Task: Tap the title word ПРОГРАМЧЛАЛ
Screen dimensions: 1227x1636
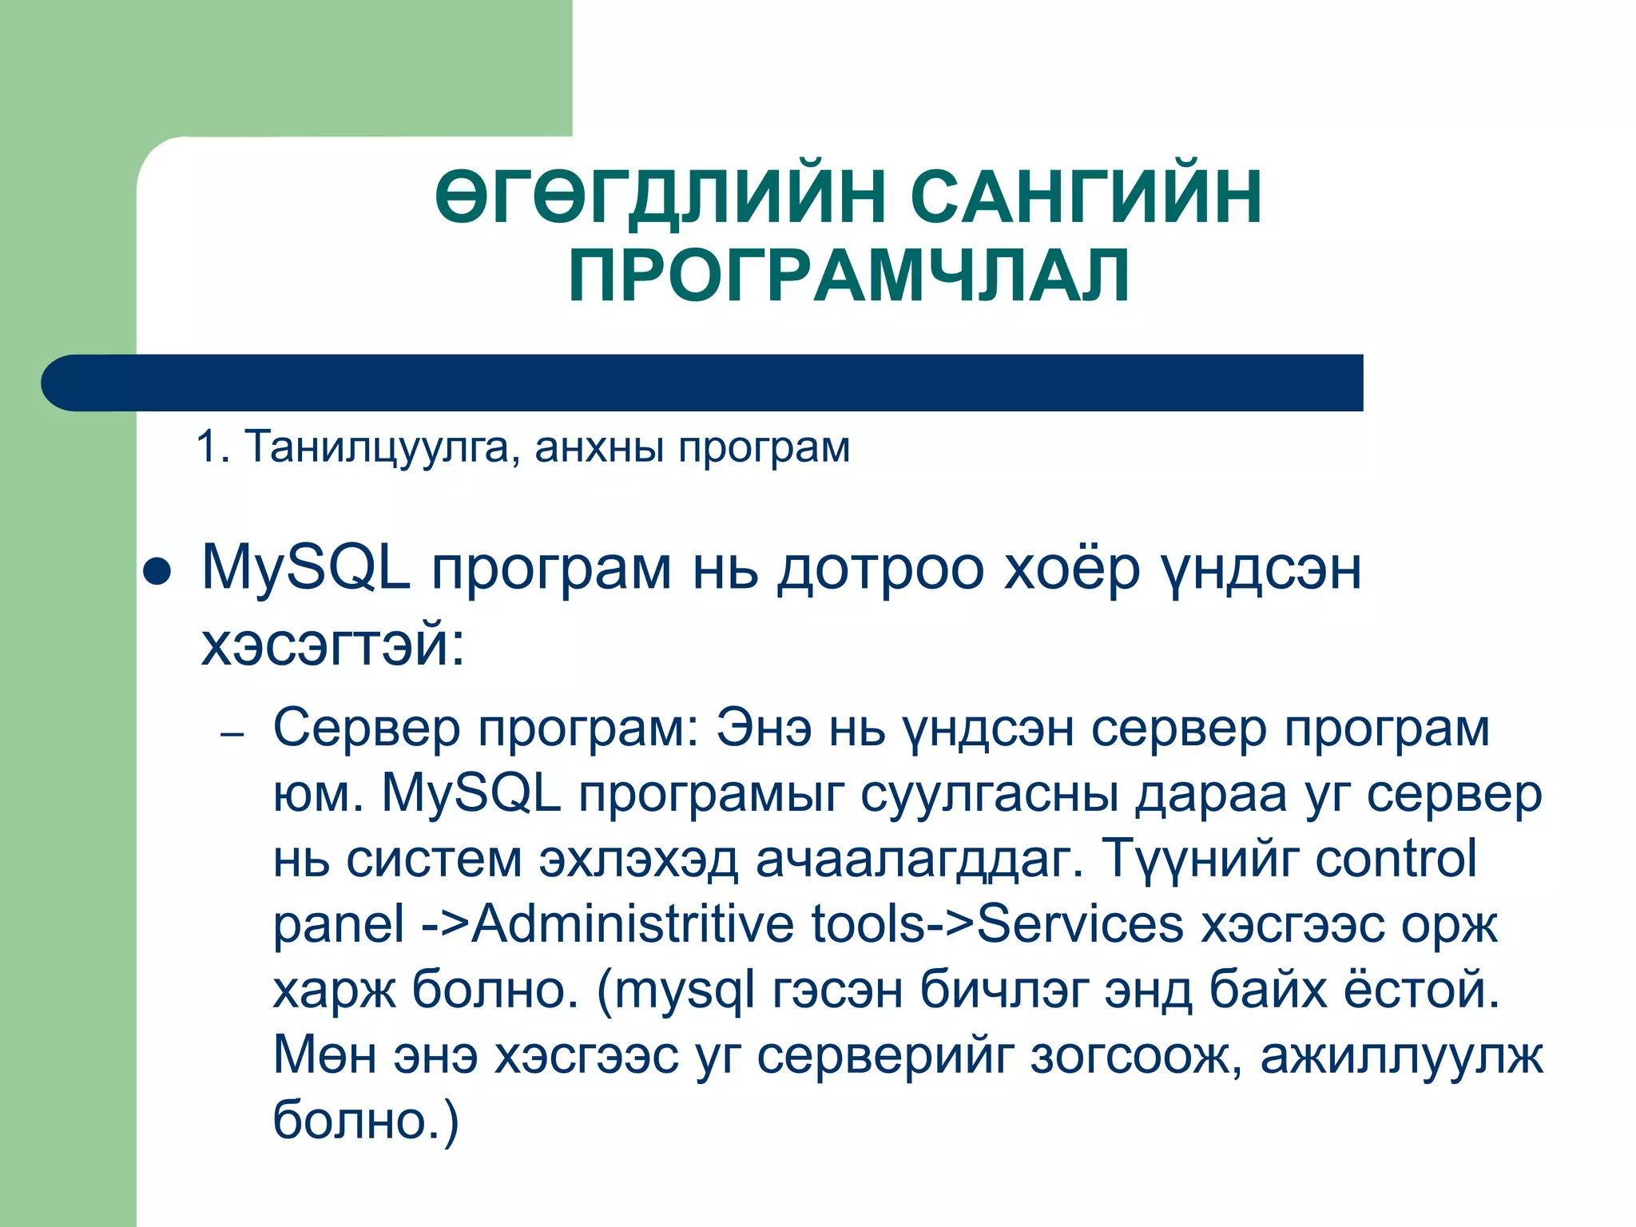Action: (849, 276)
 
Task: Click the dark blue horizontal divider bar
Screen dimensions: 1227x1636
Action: (703, 383)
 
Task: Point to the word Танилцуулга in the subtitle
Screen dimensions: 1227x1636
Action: (376, 447)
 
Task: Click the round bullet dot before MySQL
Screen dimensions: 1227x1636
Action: (157, 572)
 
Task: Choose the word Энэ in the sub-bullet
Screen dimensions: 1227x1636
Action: (764, 729)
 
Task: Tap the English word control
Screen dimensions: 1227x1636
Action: (1396, 860)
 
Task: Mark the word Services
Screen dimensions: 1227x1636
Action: (1080, 924)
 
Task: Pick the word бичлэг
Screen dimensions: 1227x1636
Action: (1003, 990)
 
